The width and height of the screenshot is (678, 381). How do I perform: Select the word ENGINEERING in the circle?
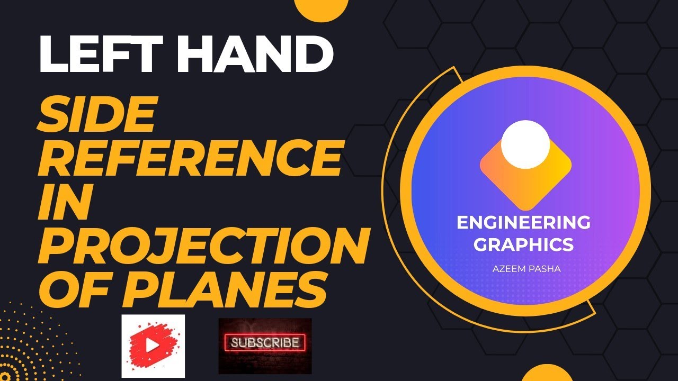click(x=523, y=223)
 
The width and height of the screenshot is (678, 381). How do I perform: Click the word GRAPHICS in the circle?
click(x=523, y=244)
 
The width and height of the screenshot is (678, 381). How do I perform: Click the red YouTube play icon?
click(x=153, y=345)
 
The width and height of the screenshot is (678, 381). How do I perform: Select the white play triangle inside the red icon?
click(x=153, y=346)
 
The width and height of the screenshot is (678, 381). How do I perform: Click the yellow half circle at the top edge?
click(x=320, y=10)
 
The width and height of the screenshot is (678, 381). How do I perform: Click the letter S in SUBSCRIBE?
click(x=237, y=343)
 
